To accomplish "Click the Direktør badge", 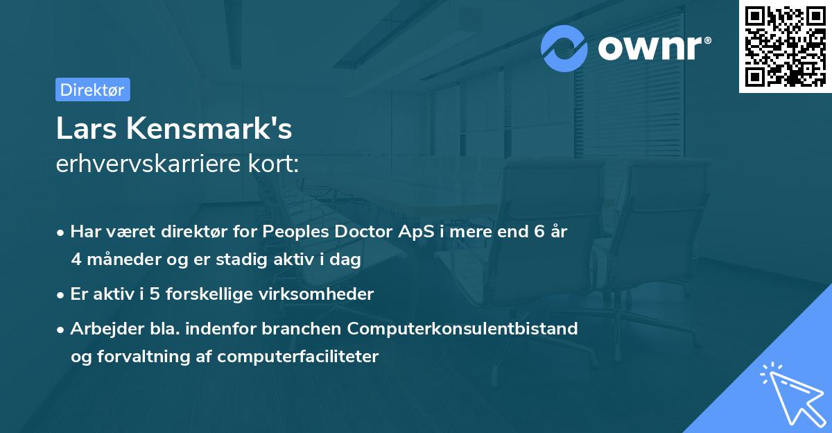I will click(x=92, y=90).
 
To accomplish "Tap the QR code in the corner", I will click(x=785, y=46).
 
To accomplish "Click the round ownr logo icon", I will click(x=565, y=48).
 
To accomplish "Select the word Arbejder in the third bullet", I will click(x=102, y=328).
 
